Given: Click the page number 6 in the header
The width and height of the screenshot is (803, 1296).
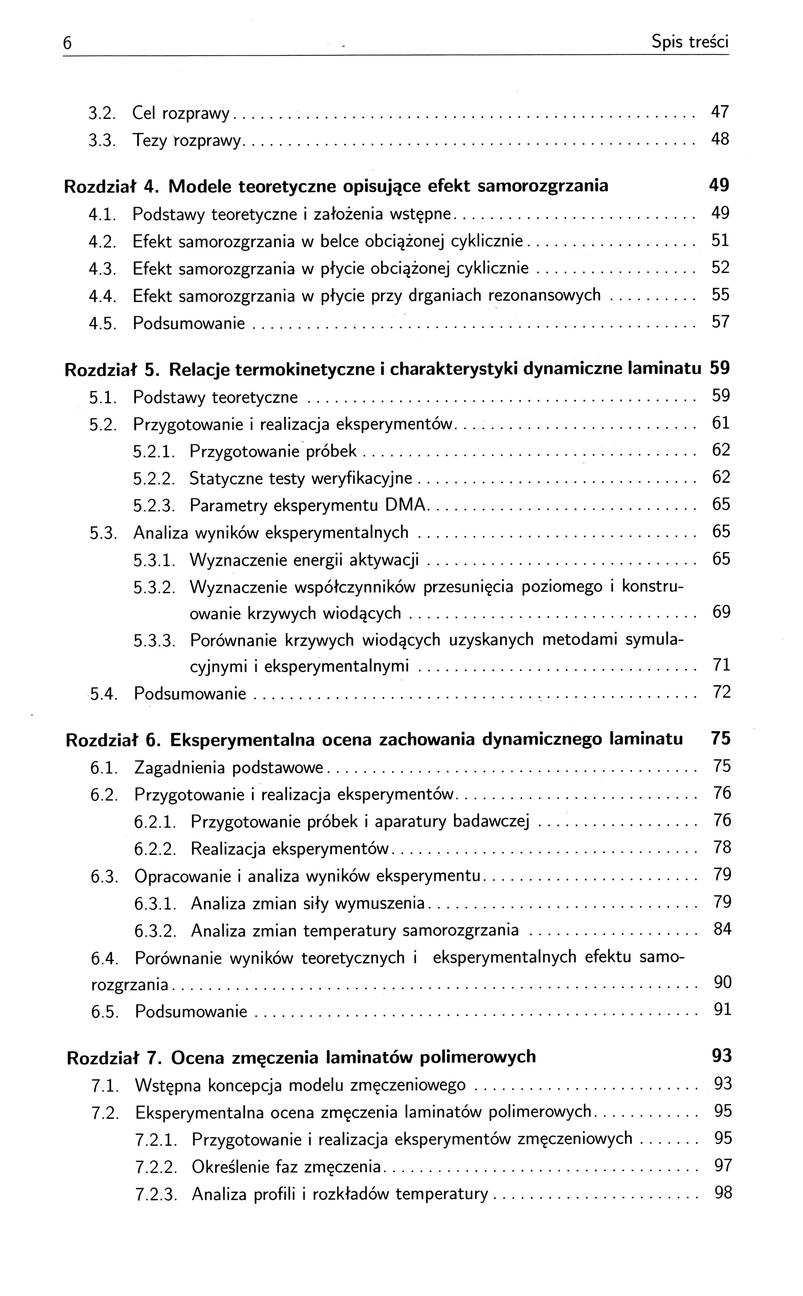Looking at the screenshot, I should tap(68, 43).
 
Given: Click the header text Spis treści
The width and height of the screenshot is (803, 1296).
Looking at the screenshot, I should tap(690, 42).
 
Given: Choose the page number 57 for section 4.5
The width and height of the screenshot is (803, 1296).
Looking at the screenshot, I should tap(720, 321).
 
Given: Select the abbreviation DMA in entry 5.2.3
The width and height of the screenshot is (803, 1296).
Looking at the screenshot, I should tap(406, 505).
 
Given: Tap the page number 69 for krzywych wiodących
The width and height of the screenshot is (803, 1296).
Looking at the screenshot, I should tap(721, 612).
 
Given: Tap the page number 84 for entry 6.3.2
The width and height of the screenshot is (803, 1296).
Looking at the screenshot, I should tap(722, 929).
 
